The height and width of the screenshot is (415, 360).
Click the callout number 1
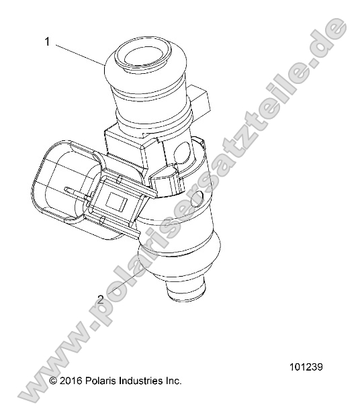coord(48,42)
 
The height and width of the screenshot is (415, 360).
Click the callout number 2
coord(100,300)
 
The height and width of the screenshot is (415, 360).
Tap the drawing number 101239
coord(307,367)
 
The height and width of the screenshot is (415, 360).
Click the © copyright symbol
coord(54,381)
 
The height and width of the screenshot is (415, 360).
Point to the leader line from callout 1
coord(79,54)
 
